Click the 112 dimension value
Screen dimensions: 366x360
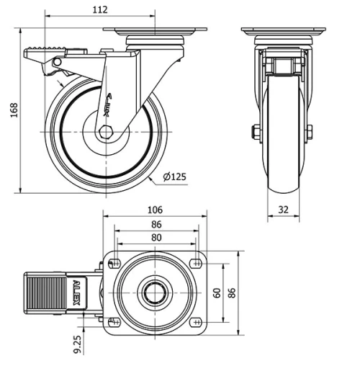(100, 9)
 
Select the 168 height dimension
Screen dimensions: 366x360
(13, 109)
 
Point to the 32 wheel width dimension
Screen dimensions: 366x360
(284, 210)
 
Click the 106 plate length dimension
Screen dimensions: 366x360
(154, 210)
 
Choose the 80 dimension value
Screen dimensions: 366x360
(156, 238)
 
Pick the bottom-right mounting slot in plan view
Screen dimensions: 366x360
(195, 322)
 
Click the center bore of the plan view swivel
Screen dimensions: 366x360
(154, 292)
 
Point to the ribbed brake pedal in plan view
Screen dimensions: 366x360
(47, 292)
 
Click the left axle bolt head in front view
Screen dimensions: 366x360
(255, 131)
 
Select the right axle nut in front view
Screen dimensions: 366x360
(310, 131)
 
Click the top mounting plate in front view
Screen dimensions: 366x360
(283, 32)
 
